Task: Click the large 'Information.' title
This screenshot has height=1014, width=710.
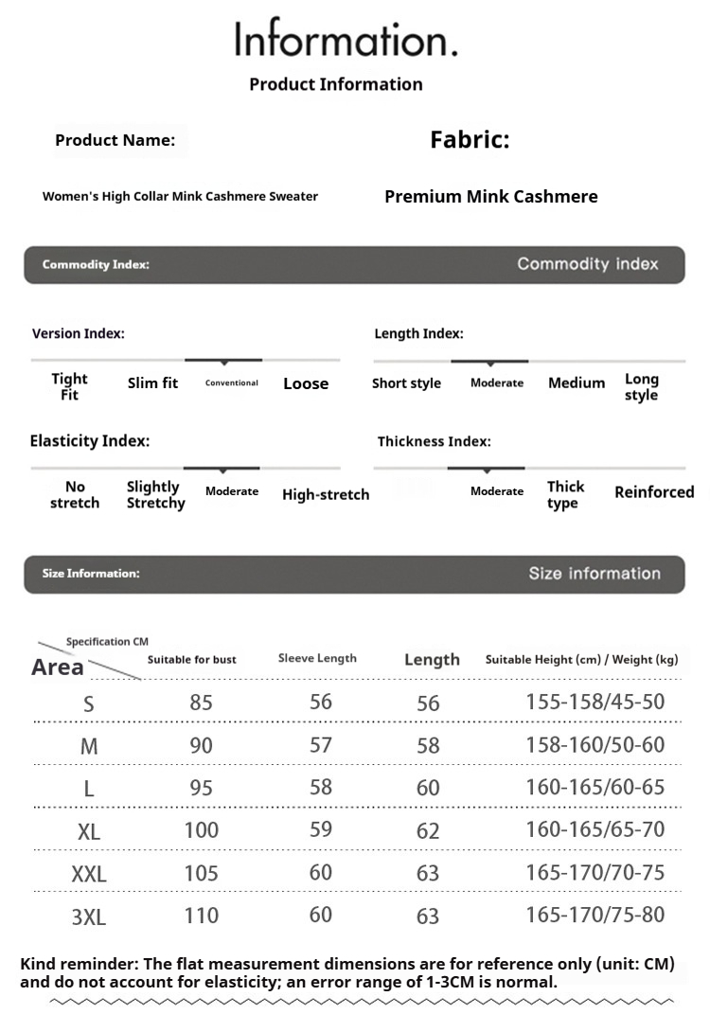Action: coord(346,40)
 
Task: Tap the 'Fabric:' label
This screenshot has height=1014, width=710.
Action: coord(470,140)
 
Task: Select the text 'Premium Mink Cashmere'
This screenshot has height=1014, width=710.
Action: coord(490,197)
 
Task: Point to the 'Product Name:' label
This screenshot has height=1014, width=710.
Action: coord(115,140)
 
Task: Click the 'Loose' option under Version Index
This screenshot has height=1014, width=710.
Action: coord(306,383)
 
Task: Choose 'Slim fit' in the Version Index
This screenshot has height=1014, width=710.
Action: coord(152,383)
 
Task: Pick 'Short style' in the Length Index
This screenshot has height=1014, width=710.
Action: coord(406,383)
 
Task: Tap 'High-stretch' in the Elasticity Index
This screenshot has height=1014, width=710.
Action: coord(326,494)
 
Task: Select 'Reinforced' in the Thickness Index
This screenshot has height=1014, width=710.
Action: coord(654,492)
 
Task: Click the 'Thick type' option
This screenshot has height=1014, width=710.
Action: coord(565,494)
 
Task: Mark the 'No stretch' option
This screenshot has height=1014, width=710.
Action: coord(75,494)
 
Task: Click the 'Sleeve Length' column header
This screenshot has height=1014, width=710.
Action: coord(317,658)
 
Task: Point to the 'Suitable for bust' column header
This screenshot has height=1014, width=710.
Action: coord(192,659)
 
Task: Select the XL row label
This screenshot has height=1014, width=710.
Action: coord(89,832)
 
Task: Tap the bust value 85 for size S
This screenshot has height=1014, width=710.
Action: coord(201,703)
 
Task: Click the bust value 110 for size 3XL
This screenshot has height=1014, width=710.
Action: coord(201,916)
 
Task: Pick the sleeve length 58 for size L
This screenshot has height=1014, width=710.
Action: coord(321,788)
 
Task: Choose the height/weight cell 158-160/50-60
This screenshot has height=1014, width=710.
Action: coord(595,745)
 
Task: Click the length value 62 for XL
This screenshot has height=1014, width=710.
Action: coord(428,831)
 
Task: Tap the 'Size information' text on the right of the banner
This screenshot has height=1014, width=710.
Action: coord(594,573)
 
